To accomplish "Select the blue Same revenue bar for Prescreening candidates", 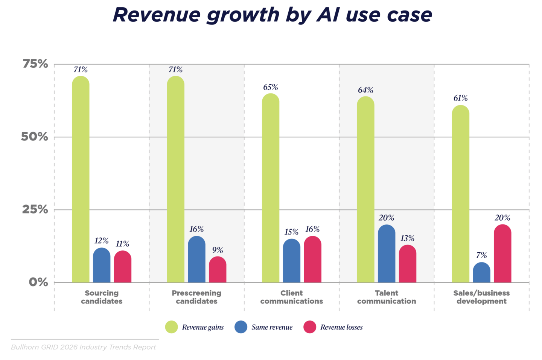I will (x=196, y=259).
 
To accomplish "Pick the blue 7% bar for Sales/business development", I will (x=481, y=273).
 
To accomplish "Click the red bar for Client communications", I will (x=312, y=259).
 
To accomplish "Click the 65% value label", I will (x=270, y=87).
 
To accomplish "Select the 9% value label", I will (x=218, y=250).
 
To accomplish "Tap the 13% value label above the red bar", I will (x=407, y=238).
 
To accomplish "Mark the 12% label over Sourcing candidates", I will (x=102, y=241).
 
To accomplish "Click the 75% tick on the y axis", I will (x=35, y=64).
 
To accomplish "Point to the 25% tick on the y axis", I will (x=35, y=209).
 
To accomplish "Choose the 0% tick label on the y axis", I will (x=38, y=282).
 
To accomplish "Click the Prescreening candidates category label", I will (x=196, y=297).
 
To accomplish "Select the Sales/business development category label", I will (x=481, y=297).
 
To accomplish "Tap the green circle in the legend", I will (x=172, y=327).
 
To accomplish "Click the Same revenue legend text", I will (x=272, y=327).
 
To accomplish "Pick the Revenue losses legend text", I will (x=341, y=327).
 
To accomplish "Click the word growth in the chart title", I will (x=243, y=15).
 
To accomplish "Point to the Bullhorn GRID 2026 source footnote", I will (x=84, y=347).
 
